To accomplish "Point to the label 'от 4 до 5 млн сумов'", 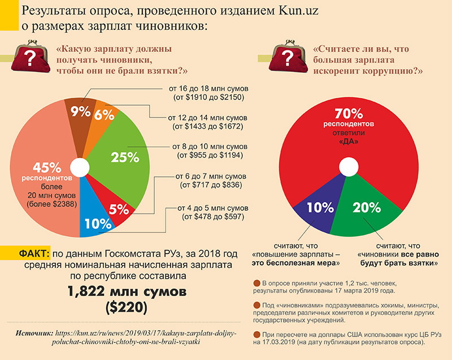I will [x=212, y=207].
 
